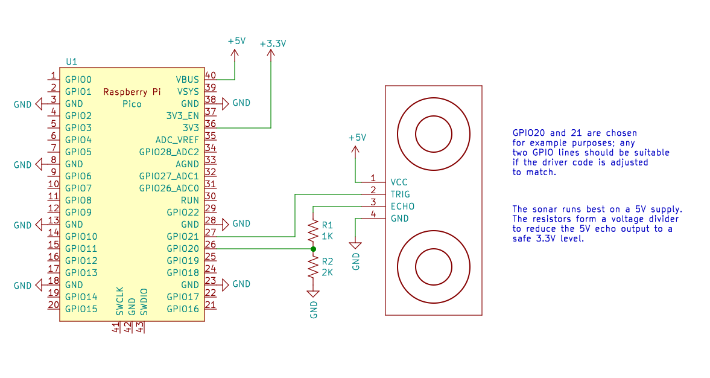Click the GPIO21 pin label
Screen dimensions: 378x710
183,236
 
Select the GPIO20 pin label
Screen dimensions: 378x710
183,248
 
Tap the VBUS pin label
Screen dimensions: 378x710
187,79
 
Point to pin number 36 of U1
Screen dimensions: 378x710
211,123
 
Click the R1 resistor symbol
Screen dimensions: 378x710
312,230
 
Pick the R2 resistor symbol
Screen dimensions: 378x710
312,266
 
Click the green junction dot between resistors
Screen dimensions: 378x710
312,249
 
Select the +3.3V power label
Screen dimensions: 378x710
273,44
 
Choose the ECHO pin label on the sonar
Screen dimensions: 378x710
402,207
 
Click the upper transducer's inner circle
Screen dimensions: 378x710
433,134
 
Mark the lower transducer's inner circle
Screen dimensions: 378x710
433,266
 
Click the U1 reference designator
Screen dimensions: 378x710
71,62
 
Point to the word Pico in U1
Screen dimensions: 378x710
132,104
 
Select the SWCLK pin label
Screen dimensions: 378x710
120,301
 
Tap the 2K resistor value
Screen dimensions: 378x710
328,272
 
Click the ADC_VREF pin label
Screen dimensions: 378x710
177,139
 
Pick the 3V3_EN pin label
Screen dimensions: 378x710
182,115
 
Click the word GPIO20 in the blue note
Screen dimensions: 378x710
529,133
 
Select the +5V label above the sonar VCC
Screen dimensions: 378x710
357,138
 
